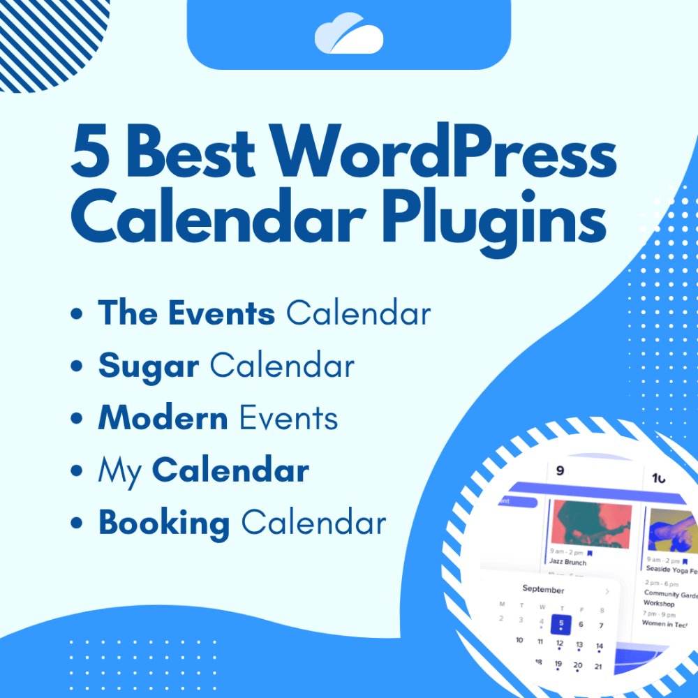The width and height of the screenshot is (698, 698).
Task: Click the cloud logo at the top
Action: coord(348,35)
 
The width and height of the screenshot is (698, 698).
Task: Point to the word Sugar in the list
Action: coord(149,366)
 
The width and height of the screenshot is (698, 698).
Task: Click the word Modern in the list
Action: coord(163,418)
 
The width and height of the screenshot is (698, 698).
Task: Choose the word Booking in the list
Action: coord(164,523)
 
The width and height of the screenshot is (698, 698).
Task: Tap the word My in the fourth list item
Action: coord(119,471)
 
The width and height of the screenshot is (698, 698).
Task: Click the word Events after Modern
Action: coord(288,418)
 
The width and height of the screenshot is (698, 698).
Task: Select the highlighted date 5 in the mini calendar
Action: coord(560,625)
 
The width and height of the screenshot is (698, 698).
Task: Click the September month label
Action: coord(543,590)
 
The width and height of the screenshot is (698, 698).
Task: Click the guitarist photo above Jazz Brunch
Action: coord(591,523)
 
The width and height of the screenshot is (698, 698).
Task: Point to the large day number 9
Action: coord(560,471)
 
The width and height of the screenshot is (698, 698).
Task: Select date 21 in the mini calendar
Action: coord(598,667)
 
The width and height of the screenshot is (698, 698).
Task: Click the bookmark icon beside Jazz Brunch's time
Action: coord(590,553)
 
